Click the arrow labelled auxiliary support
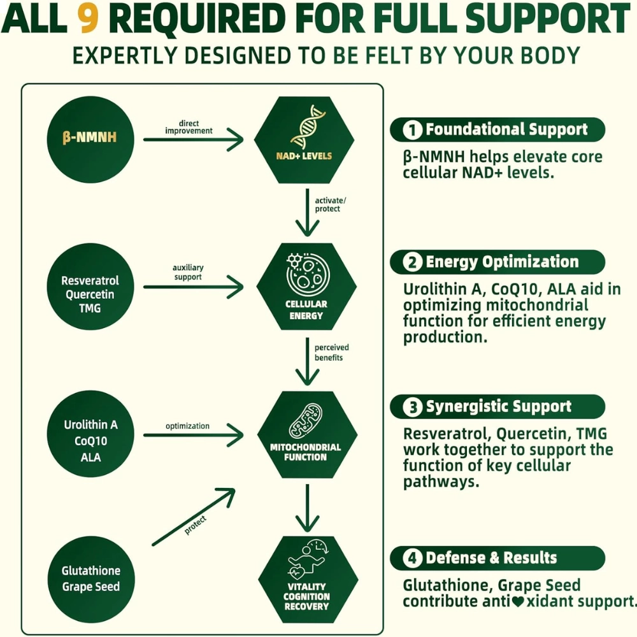point(194,287)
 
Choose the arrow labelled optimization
point(194,436)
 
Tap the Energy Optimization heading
point(502,262)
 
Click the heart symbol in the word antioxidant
point(517,601)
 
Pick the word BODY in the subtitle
point(547,55)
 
